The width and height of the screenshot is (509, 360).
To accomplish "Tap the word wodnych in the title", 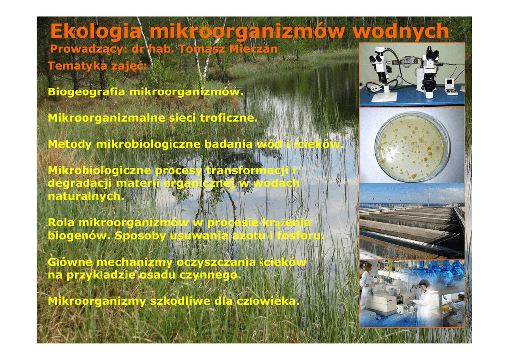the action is pyautogui.click(x=401, y=31).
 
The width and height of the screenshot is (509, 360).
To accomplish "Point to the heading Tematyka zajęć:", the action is pyautogui.click(x=97, y=66).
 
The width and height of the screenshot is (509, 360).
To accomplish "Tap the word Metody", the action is pyautogui.click(x=70, y=144).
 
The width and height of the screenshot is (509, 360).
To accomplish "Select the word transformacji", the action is pyautogui.click(x=248, y=170).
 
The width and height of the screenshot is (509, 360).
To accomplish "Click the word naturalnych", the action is pyautogui.click(x=85, y=196).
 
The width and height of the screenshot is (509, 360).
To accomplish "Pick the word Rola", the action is pyautogui.click(x=61, y=222).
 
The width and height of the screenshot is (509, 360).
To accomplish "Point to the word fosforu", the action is pyautogui.click(x=301, y=235).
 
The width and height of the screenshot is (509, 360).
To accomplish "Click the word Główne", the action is pyautogui.click(x=70, y=262).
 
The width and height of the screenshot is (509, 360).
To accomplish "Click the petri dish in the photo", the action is pyautogui.click(x=412, y=147).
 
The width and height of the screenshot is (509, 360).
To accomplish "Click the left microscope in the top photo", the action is pyautogui.click(x=381, y=74).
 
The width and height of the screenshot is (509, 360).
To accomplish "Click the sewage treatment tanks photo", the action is pyautogui.click(x=412, y=221).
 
